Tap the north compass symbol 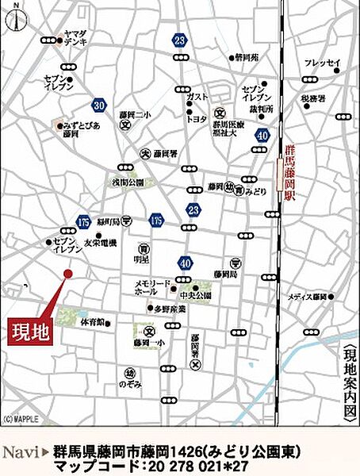click(13, 17)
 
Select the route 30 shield click(98, 104)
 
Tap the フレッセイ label click(323, 63)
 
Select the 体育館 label click(93, 323)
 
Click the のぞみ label click(130, 383)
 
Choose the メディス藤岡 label click(308, 297)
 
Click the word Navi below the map click(20, 451)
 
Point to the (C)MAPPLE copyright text click(19, 419)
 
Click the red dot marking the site click(68, 273)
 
